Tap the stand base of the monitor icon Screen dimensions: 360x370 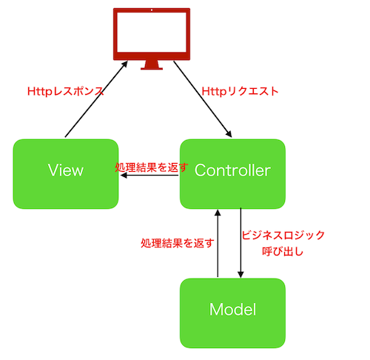click(152, 67)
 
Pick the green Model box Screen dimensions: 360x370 click(232, 310)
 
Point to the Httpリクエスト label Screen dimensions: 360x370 click(240, 93)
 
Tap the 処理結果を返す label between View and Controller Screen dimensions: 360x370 click(151, 168)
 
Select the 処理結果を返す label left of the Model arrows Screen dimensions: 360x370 click(178, 242)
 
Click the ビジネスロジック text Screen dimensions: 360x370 click(283, 236)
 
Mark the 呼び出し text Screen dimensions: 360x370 click(283, 252)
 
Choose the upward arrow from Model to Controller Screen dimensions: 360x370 click(218, 244)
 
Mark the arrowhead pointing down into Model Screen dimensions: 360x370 click(240, 274)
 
